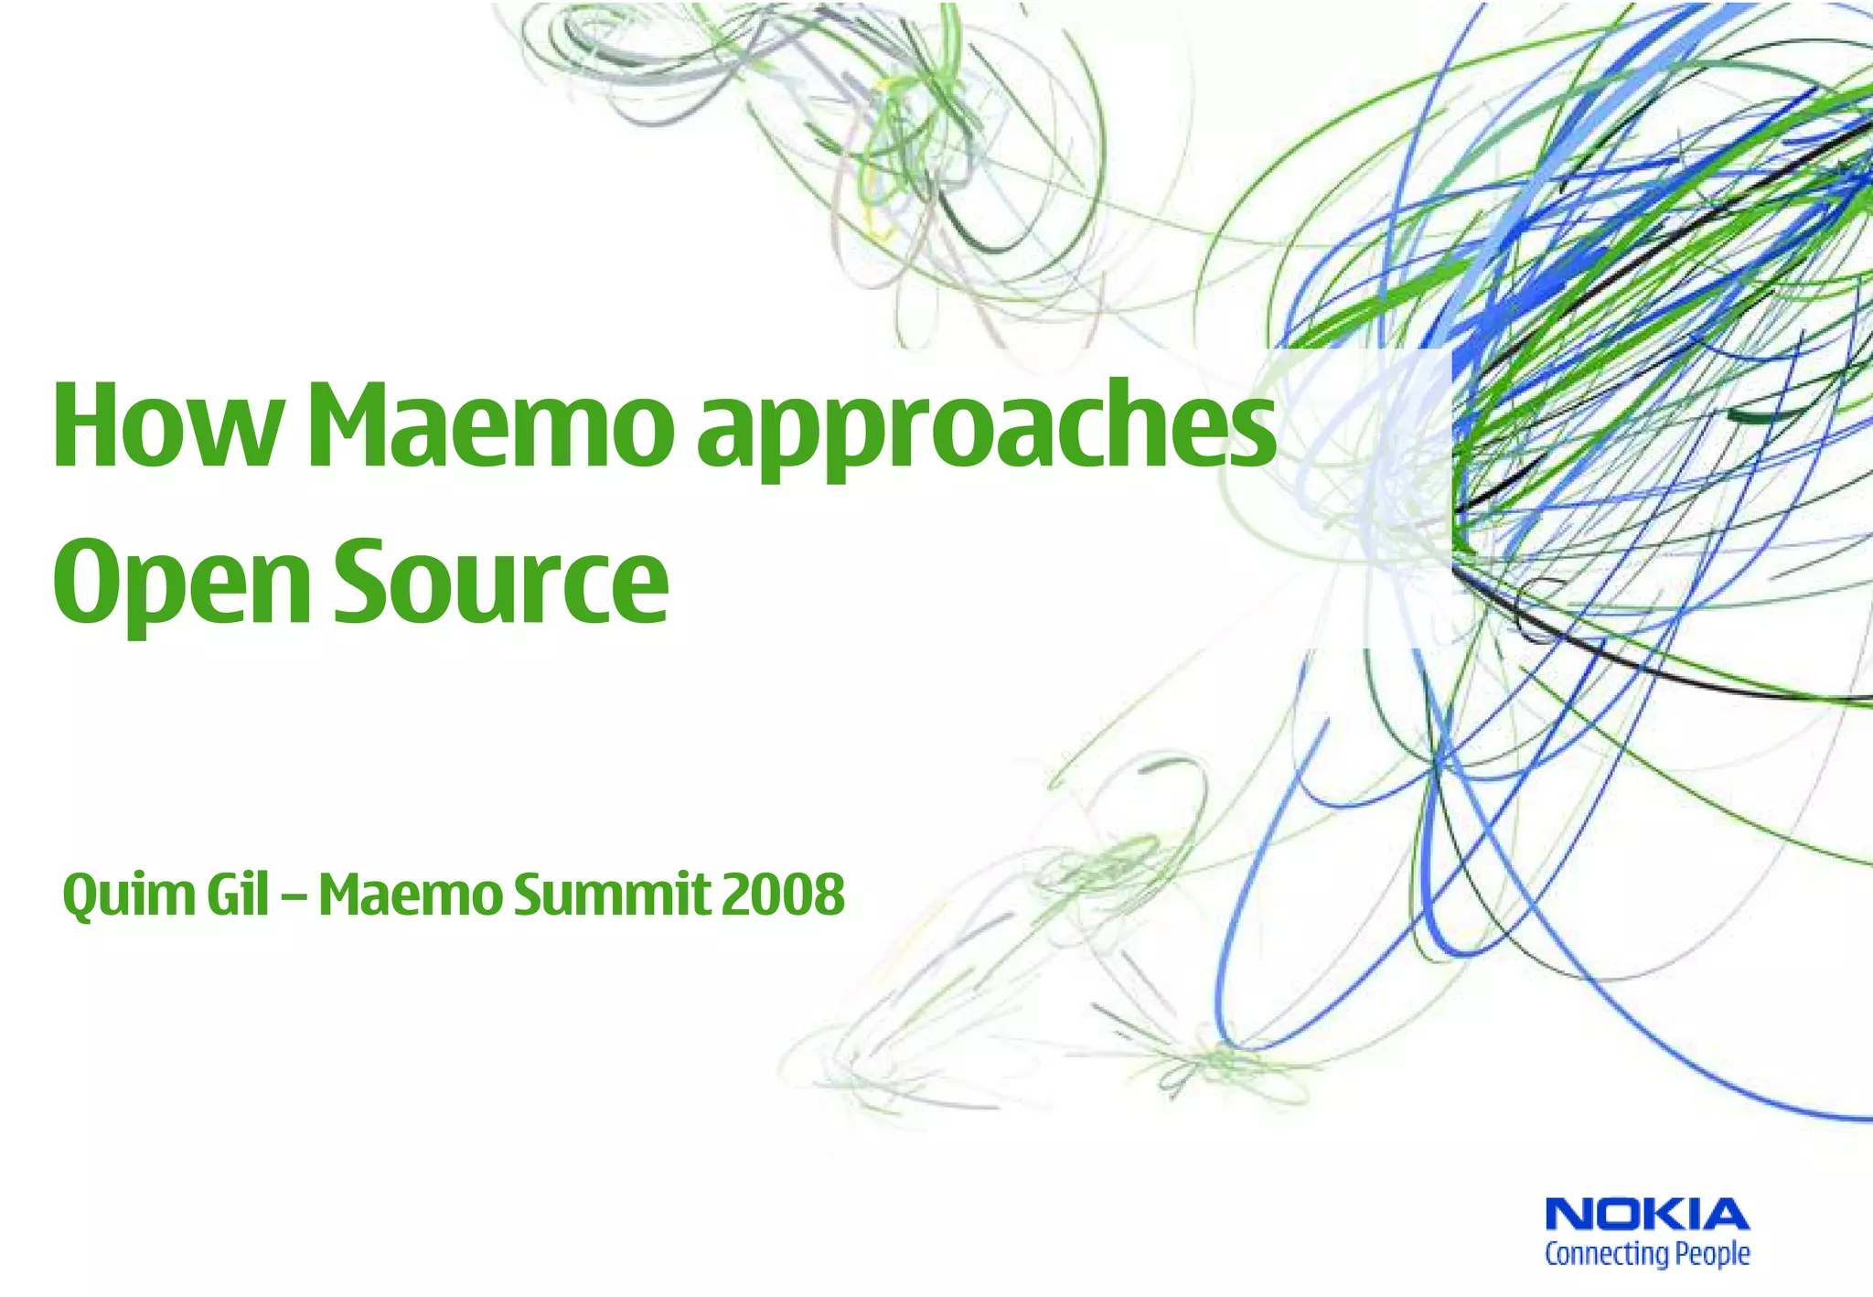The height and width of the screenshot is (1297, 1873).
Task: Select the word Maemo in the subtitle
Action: coord(410,895)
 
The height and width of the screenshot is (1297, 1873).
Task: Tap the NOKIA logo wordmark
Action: coord(1646,1216)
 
